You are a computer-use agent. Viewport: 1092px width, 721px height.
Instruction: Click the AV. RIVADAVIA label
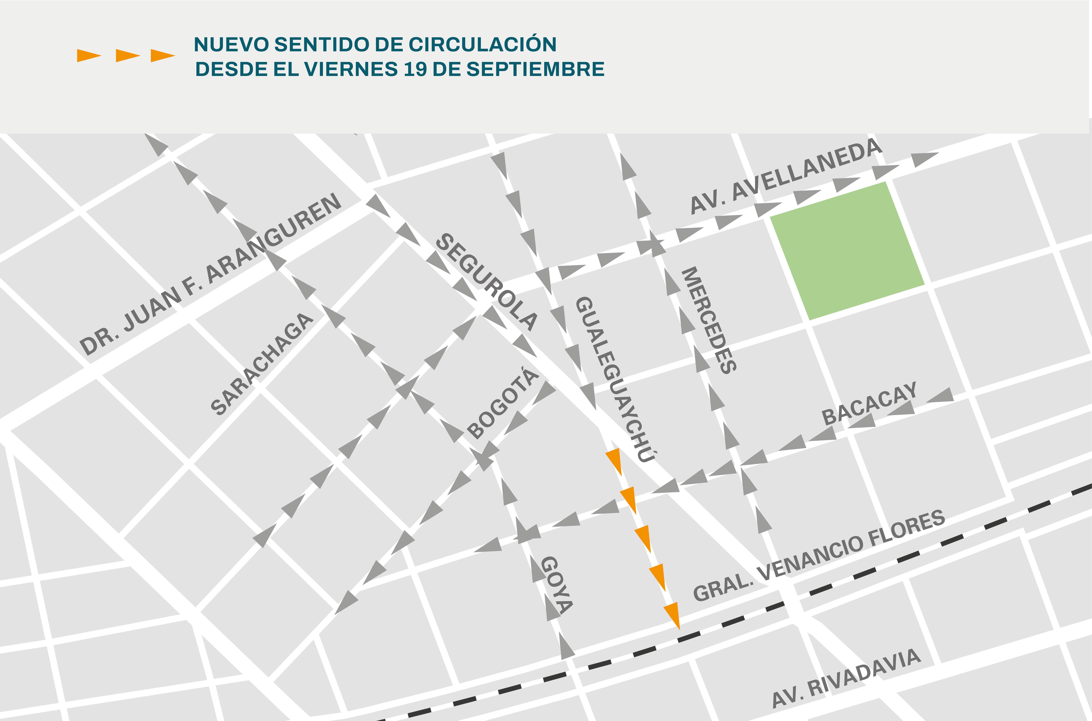(x=846, y=678)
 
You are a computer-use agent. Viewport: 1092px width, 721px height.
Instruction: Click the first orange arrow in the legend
(x=89, y=56)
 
